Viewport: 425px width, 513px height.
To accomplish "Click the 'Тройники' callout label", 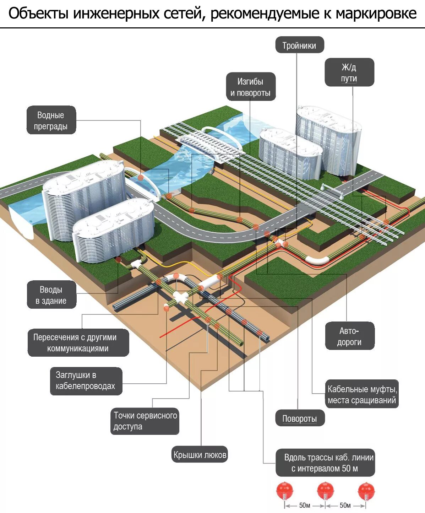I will click(299, 45).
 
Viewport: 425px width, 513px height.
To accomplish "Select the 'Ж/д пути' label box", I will click(349, 72).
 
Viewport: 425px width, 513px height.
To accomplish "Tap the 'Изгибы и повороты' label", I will click(250, 87).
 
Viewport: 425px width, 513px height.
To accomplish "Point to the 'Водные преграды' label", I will click(51, 120).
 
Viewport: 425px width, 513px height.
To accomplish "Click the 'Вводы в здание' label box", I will click(51, 295).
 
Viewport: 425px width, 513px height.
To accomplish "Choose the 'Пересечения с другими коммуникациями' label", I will click(78, 342).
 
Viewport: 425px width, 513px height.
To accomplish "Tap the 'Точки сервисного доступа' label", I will click(145, 421).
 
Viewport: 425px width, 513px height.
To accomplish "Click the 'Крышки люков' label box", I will click(200, 454).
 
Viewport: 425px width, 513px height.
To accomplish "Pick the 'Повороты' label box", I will click(299, 418).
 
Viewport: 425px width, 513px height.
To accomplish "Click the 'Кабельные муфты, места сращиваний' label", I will click(361, 394).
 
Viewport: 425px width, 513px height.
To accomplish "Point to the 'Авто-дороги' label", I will click(349, 336).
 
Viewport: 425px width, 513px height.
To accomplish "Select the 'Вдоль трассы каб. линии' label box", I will click(325, 463).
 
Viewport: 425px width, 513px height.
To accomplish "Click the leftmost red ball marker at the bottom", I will click(285, 490).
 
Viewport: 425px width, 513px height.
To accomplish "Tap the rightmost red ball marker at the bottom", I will click(366, 490).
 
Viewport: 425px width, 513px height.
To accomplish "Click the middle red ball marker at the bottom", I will click(325, 490).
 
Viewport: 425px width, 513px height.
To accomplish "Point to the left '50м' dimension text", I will click(305, 505).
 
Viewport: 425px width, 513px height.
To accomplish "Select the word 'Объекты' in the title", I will click(38, 13).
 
